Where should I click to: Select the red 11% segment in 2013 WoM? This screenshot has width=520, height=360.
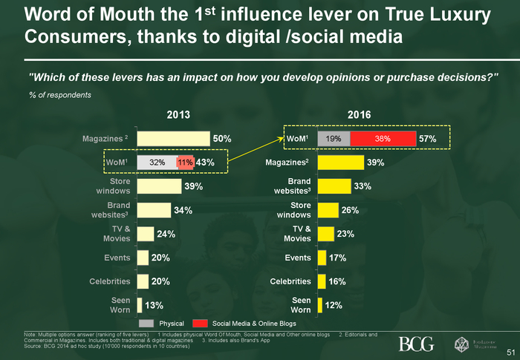point(185,162)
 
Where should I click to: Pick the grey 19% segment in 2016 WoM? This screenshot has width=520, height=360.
point(334,138)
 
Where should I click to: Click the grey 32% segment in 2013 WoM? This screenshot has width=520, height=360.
point(156,162)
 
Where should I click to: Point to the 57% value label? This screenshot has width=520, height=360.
point(428,138)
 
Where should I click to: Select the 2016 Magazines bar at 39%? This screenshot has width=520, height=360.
point(340,163)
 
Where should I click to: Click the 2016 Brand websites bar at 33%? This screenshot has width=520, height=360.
point(334,186)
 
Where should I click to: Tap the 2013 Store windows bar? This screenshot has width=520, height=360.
point(159,186)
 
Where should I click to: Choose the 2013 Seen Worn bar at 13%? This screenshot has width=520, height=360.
point(140,305)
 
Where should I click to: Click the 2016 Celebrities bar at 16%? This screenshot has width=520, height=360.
point(322,281)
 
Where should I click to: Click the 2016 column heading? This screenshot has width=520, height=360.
point(360,114)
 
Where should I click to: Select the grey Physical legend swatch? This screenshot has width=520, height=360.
point(146,324)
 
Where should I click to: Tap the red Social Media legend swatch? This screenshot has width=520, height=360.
point(199,324)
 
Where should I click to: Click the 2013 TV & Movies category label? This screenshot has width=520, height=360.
point(117,234)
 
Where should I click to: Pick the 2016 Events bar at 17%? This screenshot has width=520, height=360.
point(322,258)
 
